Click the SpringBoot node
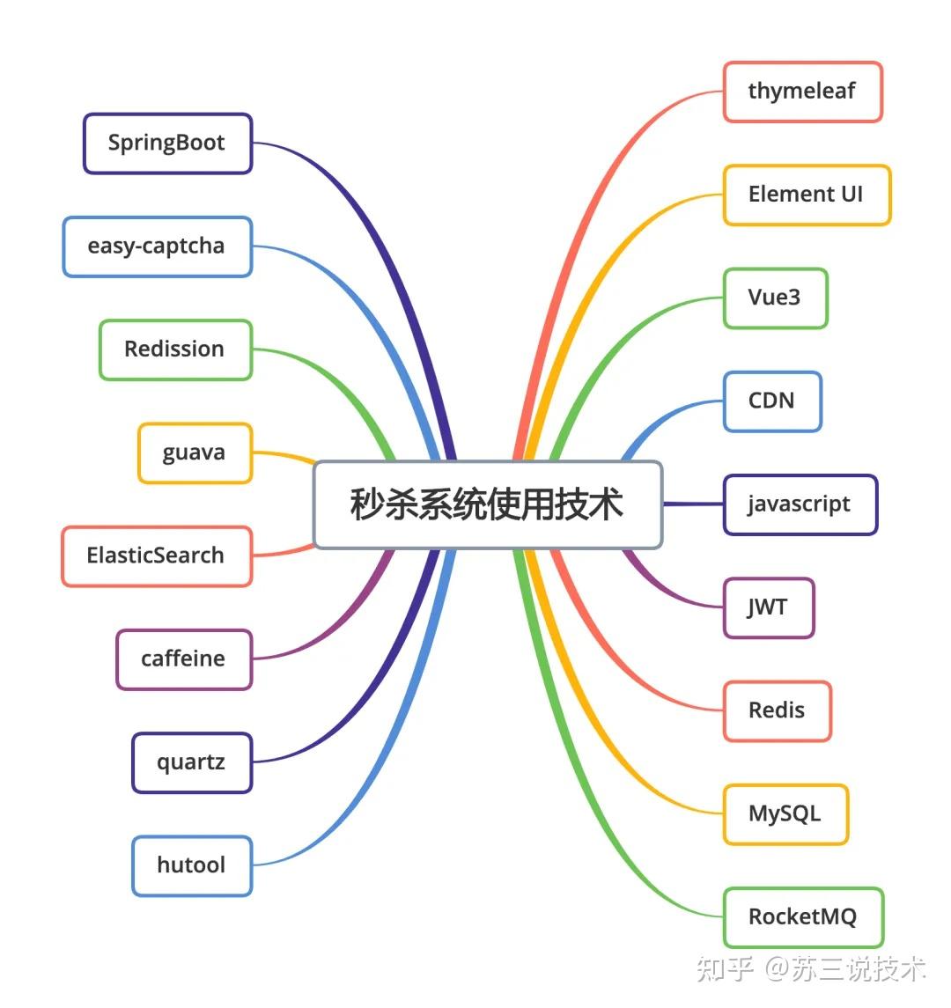point(168,143)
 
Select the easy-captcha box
point(158,246)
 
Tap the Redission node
point(175,349)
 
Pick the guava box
point(195,453)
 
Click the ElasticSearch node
point(157,556)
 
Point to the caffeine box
point(184,659)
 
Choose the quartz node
point(192,762)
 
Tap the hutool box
point(192,866)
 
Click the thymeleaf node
point(802,92)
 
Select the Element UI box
point(807,195)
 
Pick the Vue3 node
point(776,298)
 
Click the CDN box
point(772,401)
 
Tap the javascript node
point(800,504)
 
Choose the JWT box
point(769,607)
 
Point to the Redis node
point(778,711)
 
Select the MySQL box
point(785,813)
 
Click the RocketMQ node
point(804,917)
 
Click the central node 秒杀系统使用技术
point(488,504)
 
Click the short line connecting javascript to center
point(693,504)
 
